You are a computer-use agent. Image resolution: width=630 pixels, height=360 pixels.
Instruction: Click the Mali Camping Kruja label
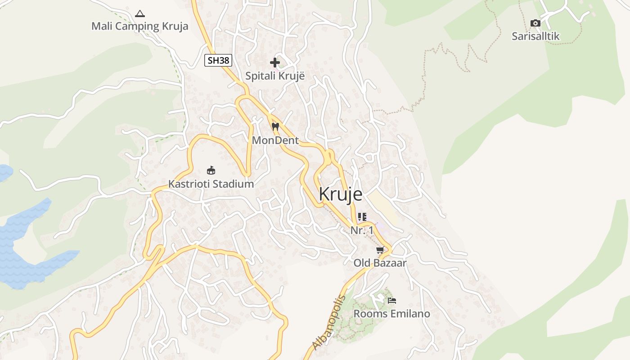[139, 26]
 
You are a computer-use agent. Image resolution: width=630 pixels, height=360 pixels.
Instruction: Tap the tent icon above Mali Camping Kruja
[140, 13]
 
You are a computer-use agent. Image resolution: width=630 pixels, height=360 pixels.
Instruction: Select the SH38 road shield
[218, 60]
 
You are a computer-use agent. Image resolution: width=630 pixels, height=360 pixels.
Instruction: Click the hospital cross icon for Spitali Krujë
[275, 63]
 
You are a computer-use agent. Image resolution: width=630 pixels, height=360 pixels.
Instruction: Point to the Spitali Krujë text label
[275, 76]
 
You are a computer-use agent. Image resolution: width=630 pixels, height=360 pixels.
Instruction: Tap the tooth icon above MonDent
[275, 126]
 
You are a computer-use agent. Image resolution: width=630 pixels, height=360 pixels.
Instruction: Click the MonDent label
[275, 140]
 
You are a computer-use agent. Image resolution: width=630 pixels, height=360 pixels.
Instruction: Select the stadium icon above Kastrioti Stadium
[211, 170]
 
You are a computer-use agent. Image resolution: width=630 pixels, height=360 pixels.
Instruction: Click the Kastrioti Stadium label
[211, 184]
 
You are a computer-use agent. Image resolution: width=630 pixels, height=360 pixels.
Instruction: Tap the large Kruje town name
[340, 194]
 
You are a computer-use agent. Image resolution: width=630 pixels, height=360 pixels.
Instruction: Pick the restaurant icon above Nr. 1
[362, 217]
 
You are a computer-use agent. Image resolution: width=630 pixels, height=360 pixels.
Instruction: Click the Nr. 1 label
[362, 230]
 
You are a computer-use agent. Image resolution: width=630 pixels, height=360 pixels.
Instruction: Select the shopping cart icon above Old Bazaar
[380, 250]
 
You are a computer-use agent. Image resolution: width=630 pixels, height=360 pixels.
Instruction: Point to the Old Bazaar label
[380, 263]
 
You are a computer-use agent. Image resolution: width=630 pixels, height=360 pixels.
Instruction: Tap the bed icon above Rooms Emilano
[392, 300]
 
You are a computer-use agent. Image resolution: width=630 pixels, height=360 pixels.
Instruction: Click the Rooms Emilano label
[392, 314]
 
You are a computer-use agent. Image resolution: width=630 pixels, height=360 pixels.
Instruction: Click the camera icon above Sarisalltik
[535, 23]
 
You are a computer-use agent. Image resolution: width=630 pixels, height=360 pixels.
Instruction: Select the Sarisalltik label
[535, 36]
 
